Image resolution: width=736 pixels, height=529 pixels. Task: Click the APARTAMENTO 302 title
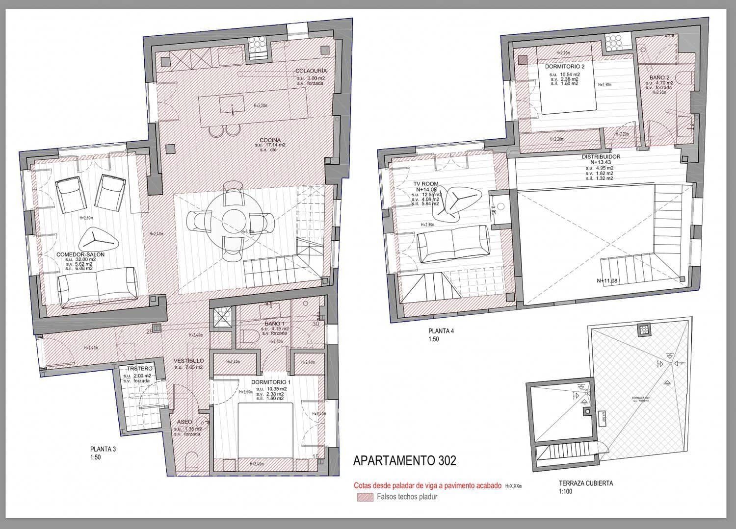click(x=404, y=461)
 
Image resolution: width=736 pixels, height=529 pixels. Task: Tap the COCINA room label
click(x=270, y=140)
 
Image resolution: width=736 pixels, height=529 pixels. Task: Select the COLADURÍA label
click(x=311, y=71)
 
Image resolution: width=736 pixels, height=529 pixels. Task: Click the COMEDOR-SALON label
click(x=80, y=254)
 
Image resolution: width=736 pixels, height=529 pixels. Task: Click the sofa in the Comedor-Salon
click(x=97, y=286)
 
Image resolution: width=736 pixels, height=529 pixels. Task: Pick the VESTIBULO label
click(x=188, y=361)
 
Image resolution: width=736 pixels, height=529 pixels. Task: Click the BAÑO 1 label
click(x=274, y=324)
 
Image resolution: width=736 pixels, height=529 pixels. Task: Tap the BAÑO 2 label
click(x=659, y=77)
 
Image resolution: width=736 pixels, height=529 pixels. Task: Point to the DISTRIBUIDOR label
click(x=601, y=157)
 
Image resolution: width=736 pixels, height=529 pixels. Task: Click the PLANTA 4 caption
click(x=441, y=331)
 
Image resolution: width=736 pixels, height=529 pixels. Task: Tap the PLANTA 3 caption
click(x=103, y=449)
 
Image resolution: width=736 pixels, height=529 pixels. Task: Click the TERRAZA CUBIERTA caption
click(x=585, y=483)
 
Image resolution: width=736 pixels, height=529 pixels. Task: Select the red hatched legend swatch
click(x=365, y=497)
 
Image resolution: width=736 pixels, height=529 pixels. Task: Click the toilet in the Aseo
click(x=191, y=462)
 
